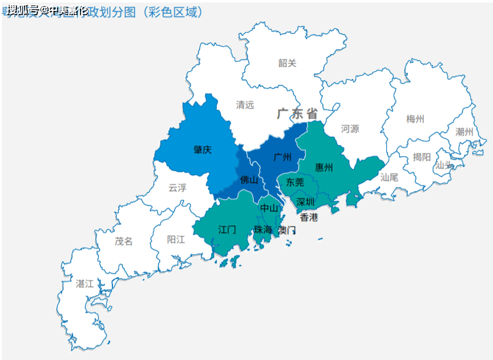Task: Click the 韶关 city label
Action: pos(287,63)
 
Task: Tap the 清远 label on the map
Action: pos(245,105)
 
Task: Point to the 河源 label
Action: pos(350,129)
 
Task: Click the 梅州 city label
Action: pos(415,119)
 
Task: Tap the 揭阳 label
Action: pos(422,157)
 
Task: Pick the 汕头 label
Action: pos(444,165)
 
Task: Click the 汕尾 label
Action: pos(389,177)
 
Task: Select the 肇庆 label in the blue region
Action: pos(203,149)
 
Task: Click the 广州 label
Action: pos(282,157)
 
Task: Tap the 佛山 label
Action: pos(249,180)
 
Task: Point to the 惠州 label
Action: pos(324,167)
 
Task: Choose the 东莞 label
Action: pos(295,182)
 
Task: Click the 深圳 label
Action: pos(306,202)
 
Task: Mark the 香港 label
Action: pos(309,217)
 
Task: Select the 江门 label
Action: pos(227,230)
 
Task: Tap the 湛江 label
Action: pos(85,284)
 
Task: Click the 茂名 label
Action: pos(123,241)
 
